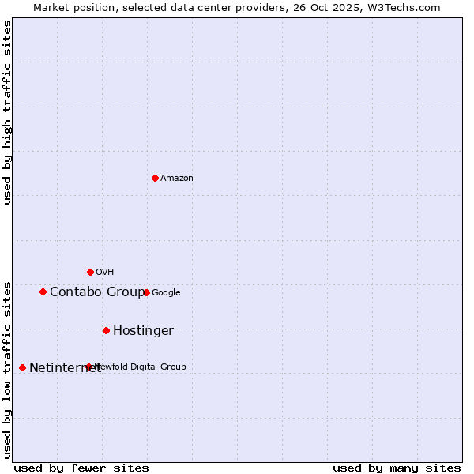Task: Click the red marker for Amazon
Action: (155, 178)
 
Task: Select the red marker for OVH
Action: (90, 272)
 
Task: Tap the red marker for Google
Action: (146, 292)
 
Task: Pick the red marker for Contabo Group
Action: (43, 292)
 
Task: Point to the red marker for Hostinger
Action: (106, 330)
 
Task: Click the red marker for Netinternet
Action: (22, 367)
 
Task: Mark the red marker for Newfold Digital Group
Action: (88, 367)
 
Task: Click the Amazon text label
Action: (177, 179)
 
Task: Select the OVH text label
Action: (105, 273)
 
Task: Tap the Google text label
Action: (166, 293)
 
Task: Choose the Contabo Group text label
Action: (97, 292)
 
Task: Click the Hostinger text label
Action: (143, 331)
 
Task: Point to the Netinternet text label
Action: (65, 368)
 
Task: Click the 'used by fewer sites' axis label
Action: (81, 468)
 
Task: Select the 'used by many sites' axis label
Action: (397, 468)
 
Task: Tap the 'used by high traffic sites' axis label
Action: (7, 112)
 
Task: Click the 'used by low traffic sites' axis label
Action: (7, 370)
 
